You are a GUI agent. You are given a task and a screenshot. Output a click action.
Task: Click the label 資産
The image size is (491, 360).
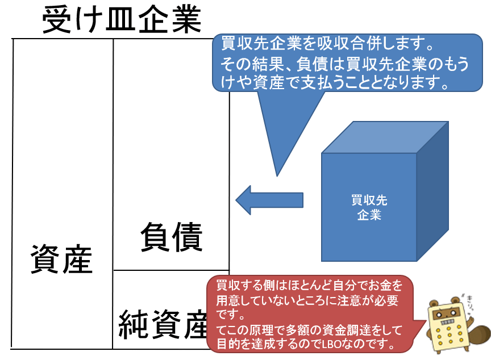pos(61,259)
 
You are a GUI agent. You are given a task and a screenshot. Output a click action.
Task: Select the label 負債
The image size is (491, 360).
pos(171,237)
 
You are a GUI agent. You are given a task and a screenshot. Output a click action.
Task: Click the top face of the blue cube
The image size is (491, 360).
pos(384,137)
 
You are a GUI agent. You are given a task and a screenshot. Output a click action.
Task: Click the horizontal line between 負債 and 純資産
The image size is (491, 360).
pos(170,270)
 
